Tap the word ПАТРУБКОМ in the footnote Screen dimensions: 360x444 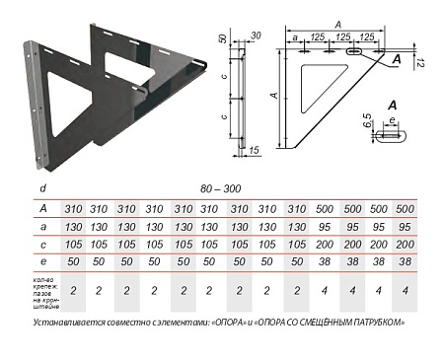(x=381, y=322)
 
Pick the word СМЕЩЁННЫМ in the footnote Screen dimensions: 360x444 (x=321, y=322)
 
